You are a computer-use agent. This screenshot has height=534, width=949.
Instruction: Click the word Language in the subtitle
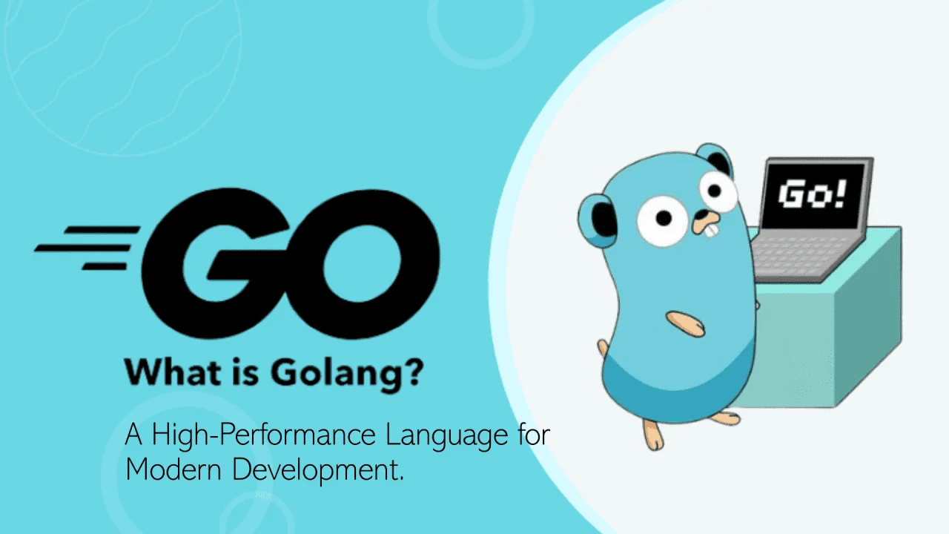point(441,436)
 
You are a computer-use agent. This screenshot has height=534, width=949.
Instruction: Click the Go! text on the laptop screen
point(813,195)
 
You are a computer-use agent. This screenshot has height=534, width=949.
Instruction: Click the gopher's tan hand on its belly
point(685,321)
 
